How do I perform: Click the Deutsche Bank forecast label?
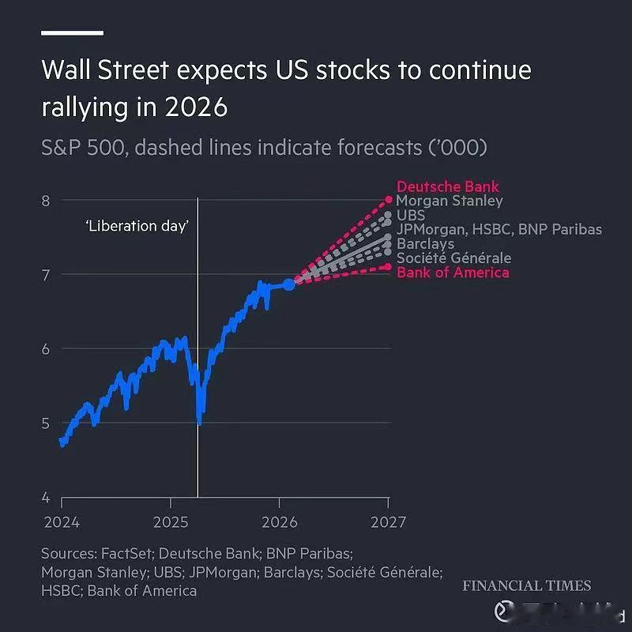pos(447,187)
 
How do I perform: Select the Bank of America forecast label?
pos(453,273)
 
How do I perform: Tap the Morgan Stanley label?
pos(449,201)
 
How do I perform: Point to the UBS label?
pos(410,215)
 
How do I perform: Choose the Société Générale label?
pos(453,258)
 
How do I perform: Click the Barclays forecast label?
pos(425,244)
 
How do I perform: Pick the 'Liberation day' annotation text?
pos(137,226)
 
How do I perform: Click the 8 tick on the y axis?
pos(46,201)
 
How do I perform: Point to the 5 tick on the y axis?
pos(46,423)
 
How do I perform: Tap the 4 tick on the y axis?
pos(46,498)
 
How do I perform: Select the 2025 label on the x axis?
pos(171,522)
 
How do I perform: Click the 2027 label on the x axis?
pos(389,522)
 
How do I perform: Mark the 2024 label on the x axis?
pos(62,522)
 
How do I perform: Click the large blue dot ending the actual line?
pos(289,284)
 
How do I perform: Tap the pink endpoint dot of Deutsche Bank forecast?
pos(389,199)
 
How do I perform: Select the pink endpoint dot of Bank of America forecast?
pos(389,266)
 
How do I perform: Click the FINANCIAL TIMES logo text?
pos(526,586)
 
